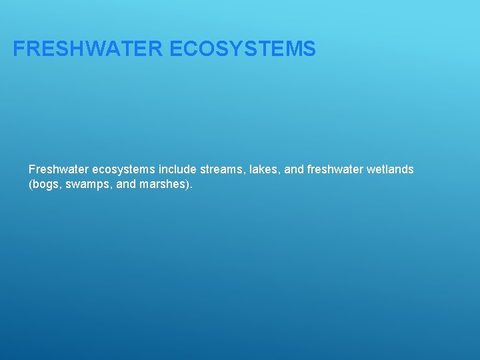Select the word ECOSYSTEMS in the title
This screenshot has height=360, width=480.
click(x=243, y=49)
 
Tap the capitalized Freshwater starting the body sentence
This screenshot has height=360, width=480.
click(x=57, y=170)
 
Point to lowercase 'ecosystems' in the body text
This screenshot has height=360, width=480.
click(x=122, y=170)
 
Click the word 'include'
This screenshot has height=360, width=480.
click(x=177, y=170)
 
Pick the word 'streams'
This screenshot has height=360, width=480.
click(x=221, y=170)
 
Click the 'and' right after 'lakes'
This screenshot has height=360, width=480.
click(x=294, y=170)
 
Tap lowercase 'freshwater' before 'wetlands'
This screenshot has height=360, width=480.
click(x=335, y=170)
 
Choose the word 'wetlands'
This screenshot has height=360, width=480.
click(x=390, y=170)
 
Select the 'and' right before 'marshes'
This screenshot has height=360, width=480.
click(x=125, y=185)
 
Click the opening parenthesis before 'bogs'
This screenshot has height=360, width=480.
click(x=31, y=185)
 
